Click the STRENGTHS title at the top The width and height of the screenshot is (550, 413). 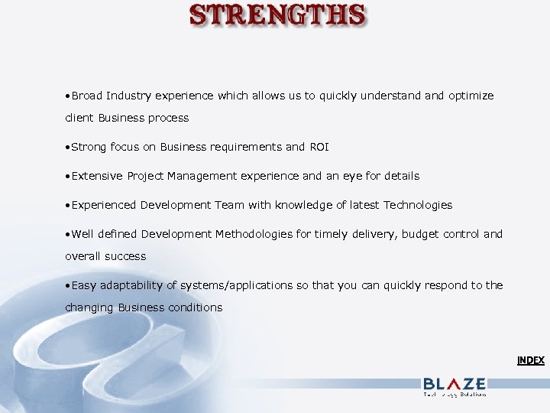(277, 16)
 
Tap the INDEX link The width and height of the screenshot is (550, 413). (530, 360)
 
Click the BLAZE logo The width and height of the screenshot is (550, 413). (454, 385)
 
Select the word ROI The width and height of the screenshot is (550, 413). (319, 147)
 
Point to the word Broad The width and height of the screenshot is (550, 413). (87, 96)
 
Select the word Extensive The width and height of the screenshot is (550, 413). (97, 176)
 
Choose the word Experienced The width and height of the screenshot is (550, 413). (105, 205)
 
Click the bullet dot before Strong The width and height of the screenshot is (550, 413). (68, 147)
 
